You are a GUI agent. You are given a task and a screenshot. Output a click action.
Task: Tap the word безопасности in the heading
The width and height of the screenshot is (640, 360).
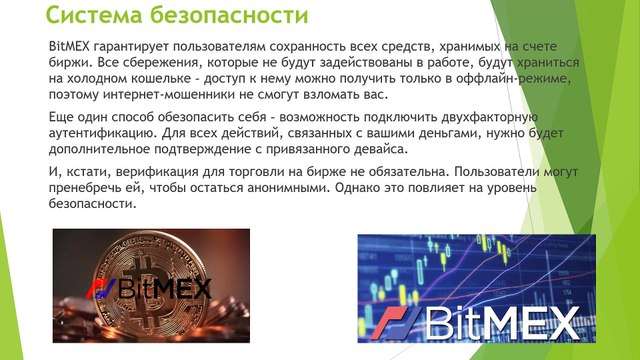click(228, 16)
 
